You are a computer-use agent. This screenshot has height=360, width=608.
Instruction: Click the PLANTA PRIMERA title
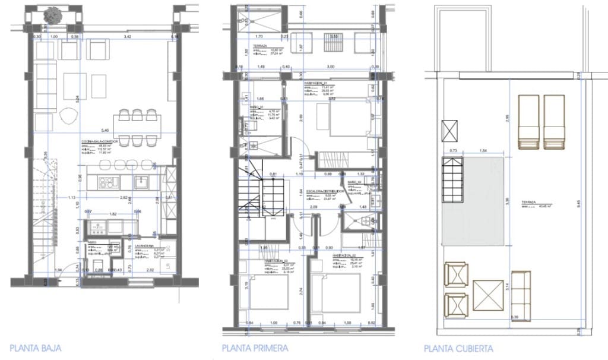pyautogui.click(x=255, y=348)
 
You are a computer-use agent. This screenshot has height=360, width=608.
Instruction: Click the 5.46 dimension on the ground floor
pyautogui.click(x=105, y=131)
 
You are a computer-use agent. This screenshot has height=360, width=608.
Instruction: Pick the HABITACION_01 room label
pyautogui.click(x=318, y=83)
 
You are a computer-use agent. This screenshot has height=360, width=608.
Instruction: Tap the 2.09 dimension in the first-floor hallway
pyautogui.click(x=313, y=207)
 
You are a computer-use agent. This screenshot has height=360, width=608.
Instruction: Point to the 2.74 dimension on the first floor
pyautogui.click(x=302, y=291)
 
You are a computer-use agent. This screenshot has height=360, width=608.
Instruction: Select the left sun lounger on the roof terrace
pyautogui.click(x=529, y=122)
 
